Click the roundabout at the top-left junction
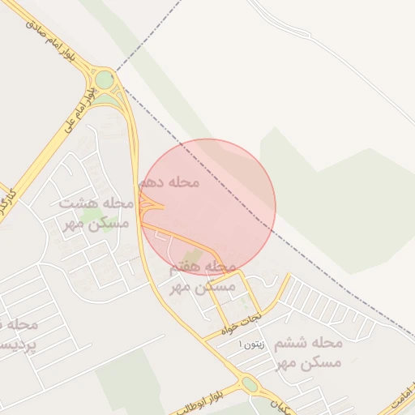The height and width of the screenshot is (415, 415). [x=105, y=79]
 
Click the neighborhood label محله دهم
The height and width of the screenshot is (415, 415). [x=169, y=182]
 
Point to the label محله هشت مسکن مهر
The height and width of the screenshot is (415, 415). [x=96, y=213]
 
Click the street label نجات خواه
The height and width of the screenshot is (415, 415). [x=244, y=323]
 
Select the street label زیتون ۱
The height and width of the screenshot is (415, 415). [x=246, y=344]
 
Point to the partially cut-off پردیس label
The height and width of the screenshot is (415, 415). [x=18, y=334]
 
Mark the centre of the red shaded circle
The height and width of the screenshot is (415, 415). [x=208, y=207]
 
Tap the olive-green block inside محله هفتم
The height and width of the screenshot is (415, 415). [x=190, y=258]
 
